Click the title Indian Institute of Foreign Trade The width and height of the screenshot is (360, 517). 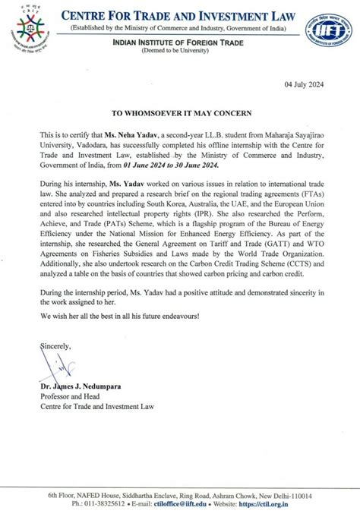tap(179, 45)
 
